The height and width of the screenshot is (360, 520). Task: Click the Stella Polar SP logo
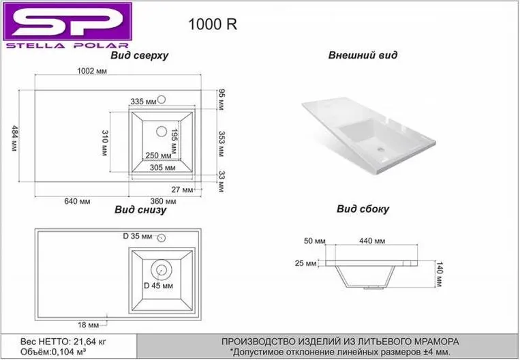click(67, 25)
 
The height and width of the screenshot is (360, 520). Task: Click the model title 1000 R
click(213, 25)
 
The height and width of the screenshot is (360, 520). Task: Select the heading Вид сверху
click(140, 55)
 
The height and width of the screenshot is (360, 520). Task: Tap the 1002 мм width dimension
click(92, 71)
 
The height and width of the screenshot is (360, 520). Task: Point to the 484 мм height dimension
click(14, 138)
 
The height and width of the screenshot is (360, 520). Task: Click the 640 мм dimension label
click(77, 201)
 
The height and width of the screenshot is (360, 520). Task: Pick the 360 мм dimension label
click(163, 201)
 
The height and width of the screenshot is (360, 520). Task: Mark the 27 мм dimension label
click(182, 190)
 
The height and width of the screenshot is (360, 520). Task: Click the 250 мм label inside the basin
click(159, 155)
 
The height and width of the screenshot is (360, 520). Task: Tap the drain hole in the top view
click(162, 132)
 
